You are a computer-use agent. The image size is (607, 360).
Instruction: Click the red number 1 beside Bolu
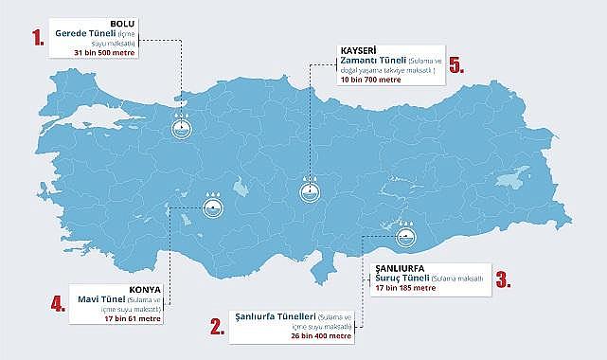tap(39, 39)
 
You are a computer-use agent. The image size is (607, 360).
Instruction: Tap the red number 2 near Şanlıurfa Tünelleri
tap(217, 327)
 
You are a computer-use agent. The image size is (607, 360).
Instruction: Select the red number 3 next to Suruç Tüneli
tap(503, 279)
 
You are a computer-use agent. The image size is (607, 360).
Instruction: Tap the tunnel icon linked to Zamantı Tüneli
tap(308, 188)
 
